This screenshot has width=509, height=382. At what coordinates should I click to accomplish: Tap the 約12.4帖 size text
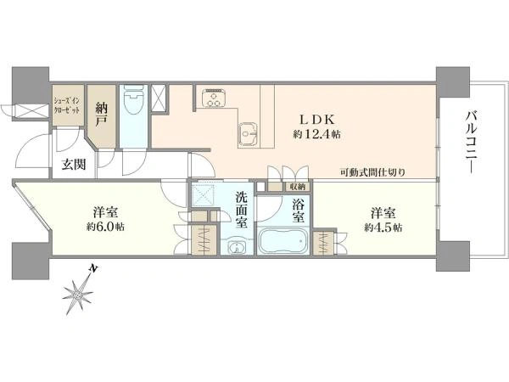pyautogui.click(x=317, y=134)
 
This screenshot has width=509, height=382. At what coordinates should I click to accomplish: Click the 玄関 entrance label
pyautogui.click(x=73, y=165)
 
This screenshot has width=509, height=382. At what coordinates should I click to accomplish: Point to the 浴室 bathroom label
pyautogui.click(x=298, y=210)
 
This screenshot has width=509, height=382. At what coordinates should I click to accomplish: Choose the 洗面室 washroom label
pyautogui.click(x=242, y=211)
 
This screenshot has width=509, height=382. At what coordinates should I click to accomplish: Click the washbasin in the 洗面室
pyautogui.click(x=237, y=248)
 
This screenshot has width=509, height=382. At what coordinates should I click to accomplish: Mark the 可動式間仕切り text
pyautogui.click(x=372, y=172)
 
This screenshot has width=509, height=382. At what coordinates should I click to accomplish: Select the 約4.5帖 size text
pyautogui.click(x=383, y=228)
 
